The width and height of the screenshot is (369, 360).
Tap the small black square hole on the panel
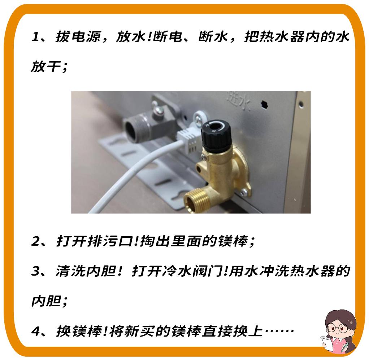pos(265,104)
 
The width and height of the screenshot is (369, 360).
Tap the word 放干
pos(45,67)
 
